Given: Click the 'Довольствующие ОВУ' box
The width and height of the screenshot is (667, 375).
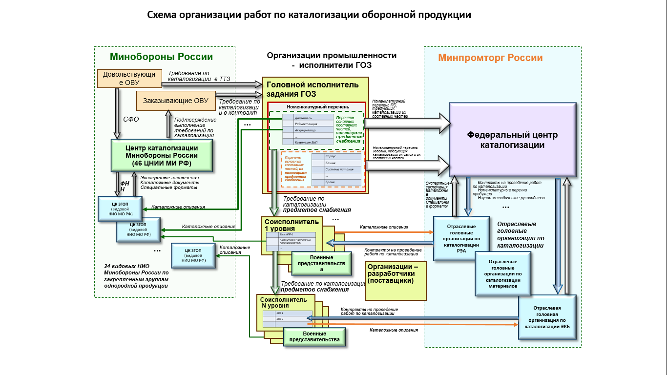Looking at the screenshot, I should click(129, 79).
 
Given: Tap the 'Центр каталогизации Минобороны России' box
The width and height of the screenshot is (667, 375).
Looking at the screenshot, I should click(162, 155).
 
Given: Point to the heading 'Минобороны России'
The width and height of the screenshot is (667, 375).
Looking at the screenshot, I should click(161, 57).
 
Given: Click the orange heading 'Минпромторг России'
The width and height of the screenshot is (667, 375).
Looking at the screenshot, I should click(490, 58).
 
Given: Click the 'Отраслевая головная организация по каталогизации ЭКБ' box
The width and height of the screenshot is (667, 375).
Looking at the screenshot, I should click(547, 317).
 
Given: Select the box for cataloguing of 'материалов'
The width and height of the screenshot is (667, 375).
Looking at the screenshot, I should click(503, 273).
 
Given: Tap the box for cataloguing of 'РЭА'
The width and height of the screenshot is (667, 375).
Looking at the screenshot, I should click(461, 238).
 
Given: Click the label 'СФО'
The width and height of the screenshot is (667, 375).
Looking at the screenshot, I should click(131, 120).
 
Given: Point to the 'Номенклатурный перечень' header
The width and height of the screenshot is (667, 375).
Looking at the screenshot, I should click(317, 106).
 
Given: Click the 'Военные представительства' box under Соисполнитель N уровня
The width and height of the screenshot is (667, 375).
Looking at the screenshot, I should click(314, 336).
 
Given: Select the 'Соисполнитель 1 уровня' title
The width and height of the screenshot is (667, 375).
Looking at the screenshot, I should click(292, 225).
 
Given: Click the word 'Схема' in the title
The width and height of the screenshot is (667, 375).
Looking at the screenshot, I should click(163, 15).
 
